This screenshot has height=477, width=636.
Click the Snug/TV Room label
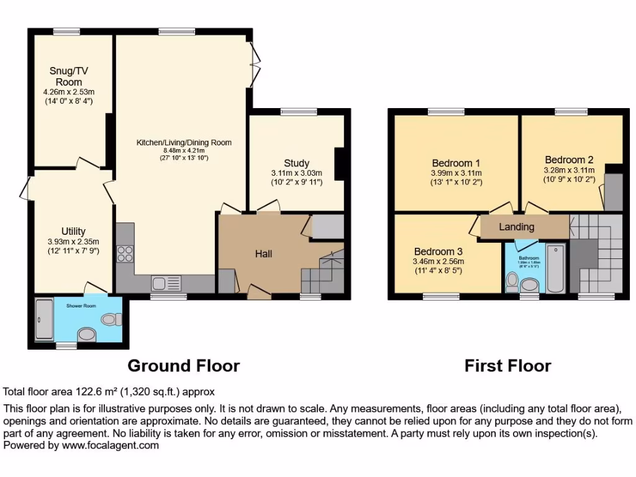click(68, 76)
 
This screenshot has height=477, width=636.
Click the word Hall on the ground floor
click(264, 253)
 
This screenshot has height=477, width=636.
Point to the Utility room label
click(73, 232)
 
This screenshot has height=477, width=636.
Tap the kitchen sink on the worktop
click(166, 283)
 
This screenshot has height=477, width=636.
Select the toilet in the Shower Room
click(111, 319)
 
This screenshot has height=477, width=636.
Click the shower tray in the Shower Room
click(44, 319)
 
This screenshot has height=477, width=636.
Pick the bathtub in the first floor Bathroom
click(555, 268)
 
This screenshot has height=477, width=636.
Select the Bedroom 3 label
click(438, 252)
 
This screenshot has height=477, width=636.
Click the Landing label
click(516, 227)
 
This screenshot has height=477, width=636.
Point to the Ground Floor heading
click(183, 366)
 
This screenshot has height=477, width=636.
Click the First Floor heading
click(507, 366)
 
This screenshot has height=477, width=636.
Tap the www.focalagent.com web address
click(109, 445)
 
